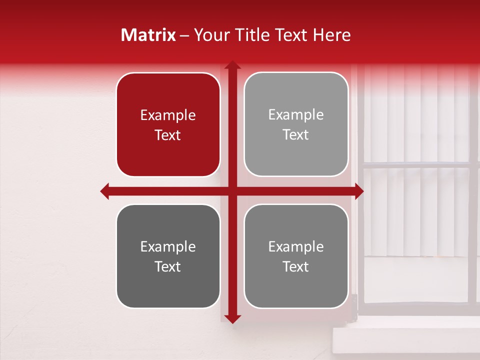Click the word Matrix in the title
click(x=148, y=35)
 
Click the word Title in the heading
click(x=248, y=35)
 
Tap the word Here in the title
click(x=331, y=35)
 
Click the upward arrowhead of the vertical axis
click(x=231, y=65)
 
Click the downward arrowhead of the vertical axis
click(x=231, y=319)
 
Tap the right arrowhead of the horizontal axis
click(x=359, y=191)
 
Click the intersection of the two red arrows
click(x=231, y=191)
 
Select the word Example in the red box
click(x=168, y=115)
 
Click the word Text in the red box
click(x=168, y=135)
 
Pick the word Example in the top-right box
click(x=296, y=115)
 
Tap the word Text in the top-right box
click(x=296, y=134)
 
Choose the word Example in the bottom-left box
click(x=168, y=247)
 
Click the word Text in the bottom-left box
click(x=168, y=266)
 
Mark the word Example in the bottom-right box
click(x=296, y=246)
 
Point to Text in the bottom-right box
click(x=296, y=266)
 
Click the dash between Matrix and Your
click(x=185, y=35)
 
